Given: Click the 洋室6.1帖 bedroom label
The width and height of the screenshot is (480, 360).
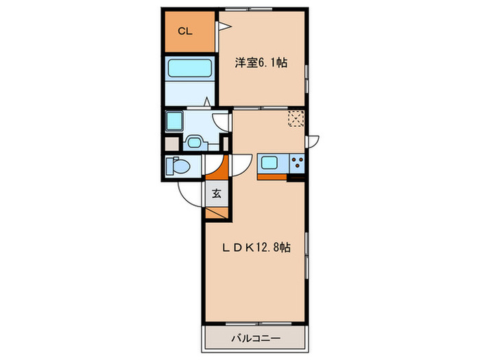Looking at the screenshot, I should pyautogui.click(x=261, y=63).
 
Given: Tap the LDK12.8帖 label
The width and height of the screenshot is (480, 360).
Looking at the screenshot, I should pyautogui.click(x=254, y=248).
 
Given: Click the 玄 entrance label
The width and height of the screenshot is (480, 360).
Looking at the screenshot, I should pyautogui.click(x=216, y=193).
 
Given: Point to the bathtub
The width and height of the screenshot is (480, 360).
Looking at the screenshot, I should pyautogui.click(x=190, y=69).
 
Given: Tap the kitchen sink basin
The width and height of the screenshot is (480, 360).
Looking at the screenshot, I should pyautogui.click(x=268, y=164).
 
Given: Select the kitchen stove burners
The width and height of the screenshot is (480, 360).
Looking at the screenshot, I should pyautogui.click(x=298, y=164).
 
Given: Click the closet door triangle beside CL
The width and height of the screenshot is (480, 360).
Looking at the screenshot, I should pyautogui.click(x=223, y=27).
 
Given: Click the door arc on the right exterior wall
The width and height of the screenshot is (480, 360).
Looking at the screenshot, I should pyautogui.click(x=313, y=141).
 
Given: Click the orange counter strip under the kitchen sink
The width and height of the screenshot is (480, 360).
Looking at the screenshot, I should pyautogui.click(x=272, y=177).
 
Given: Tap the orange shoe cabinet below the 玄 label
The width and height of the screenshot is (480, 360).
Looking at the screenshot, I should pyautogui.click(x=216, y=211).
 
